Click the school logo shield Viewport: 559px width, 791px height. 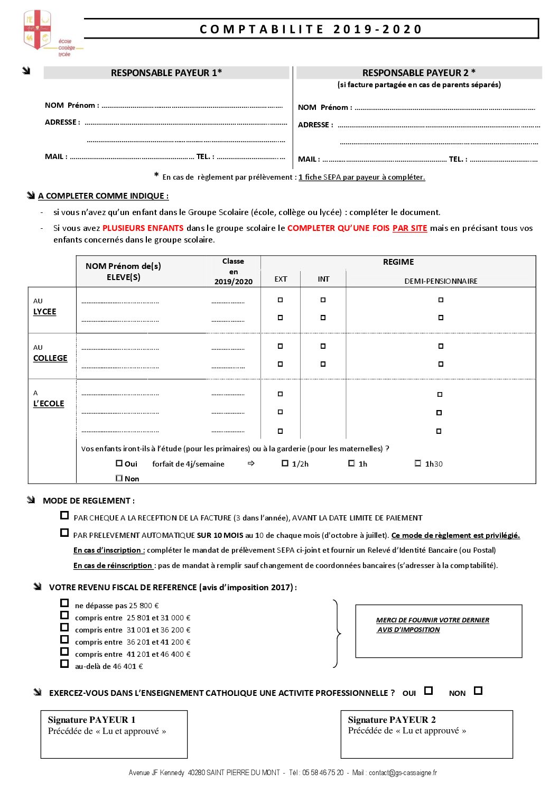coord(37,30)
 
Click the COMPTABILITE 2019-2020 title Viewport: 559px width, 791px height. coord(311,30)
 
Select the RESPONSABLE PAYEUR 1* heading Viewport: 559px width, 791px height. coord(166,73)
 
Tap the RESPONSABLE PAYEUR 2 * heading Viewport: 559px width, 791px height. coord(418,73)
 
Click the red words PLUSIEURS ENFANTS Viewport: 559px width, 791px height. coord(143,228)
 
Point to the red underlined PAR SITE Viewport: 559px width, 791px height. coord(409,228)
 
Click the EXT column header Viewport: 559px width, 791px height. coord(281,280)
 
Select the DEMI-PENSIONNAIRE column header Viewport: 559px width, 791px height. coord(441,281)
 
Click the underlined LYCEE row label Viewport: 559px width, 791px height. coord(44,312)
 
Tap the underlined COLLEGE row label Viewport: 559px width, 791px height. coord(50,358)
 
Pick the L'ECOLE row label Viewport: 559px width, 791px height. coord(49,404)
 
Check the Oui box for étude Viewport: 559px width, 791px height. coord(119,463)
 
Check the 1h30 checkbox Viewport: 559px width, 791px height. coord(418,463)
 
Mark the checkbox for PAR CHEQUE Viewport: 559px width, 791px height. coord(64,515)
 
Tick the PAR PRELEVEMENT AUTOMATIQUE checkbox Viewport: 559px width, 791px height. coord(64,533)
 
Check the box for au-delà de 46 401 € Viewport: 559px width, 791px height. coord(64,664)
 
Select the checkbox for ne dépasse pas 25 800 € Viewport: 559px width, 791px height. coord(64,603)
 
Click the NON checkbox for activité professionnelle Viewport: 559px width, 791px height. coord(478,691)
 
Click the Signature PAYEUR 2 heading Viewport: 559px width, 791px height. coord(392,720)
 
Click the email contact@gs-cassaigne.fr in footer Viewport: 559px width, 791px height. coord(403,773)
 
